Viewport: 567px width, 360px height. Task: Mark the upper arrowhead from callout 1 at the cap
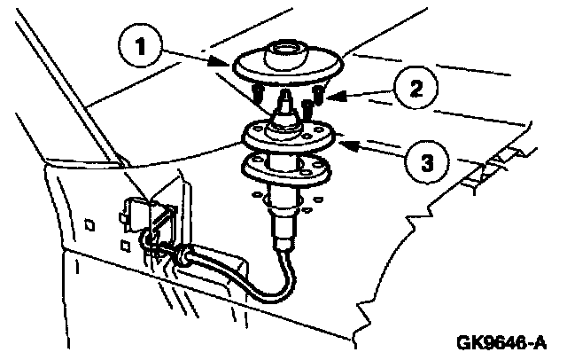coord(233,64)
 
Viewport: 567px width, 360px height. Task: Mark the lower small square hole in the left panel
coord(126,244)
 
